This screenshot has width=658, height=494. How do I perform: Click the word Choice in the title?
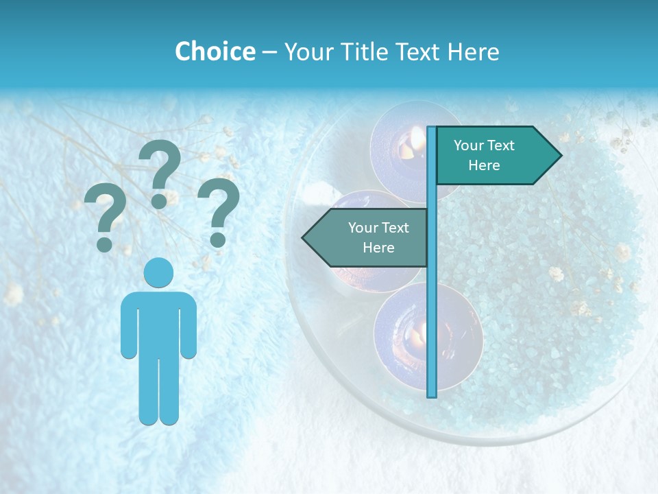(x=215, y=51)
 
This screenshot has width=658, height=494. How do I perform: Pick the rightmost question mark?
(x=218, y=210)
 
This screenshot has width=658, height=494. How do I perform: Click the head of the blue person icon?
(x=158, y=272)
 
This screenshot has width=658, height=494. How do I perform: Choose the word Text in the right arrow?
(x=501, y=145)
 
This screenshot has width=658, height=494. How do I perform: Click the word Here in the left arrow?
(x=378, y=248)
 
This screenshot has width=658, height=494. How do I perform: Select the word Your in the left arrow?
(x=363, y=228)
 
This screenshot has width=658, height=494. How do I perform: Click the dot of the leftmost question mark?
(x=104, y=244)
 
